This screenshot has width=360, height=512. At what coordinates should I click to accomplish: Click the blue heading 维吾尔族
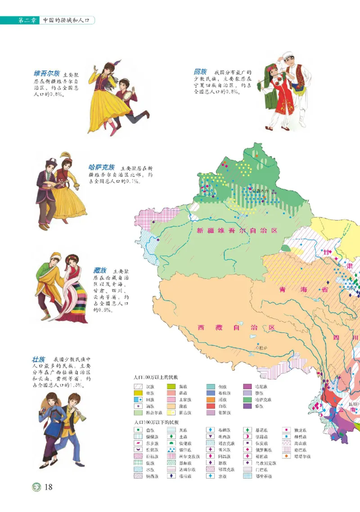pos(46,73)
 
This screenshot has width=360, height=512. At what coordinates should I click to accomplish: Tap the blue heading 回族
pos(200,72)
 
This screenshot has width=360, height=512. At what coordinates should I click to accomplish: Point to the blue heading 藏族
pos(99,270)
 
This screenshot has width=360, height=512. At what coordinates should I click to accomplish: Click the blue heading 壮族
pos(38,359)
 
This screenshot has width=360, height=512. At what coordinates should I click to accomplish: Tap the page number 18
pos(49,487)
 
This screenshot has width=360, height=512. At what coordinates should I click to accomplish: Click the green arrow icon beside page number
pos(36,487)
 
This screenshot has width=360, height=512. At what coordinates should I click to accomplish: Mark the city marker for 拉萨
pos(257,347)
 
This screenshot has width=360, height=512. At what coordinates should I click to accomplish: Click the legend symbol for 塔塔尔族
pos(287,456)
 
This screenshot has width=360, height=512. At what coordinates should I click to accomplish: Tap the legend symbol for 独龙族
pos(287,430)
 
